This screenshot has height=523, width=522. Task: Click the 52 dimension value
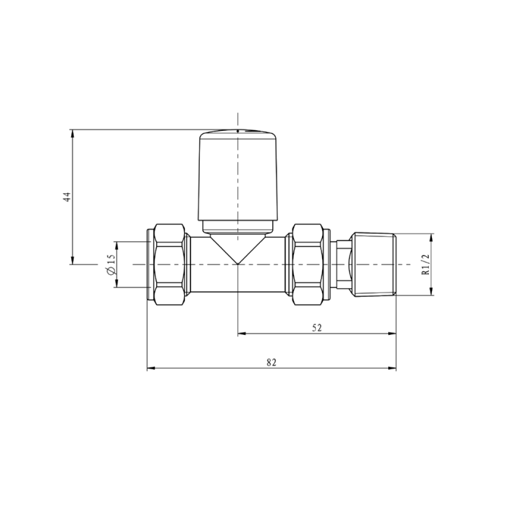coord(317,328)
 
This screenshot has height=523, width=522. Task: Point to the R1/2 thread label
coord(425,265)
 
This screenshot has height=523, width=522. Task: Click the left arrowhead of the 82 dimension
coord(151,368)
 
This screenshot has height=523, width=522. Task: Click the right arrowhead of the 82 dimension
coord(392,368)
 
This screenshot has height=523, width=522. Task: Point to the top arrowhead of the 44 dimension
coord(72,133)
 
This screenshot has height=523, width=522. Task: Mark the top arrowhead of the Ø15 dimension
coord(117,245)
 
